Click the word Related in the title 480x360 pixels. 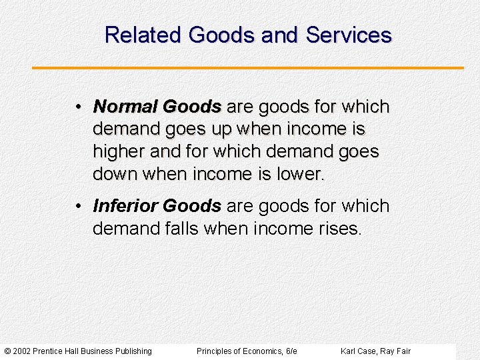coord(144,35)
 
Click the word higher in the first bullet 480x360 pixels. coord(118,151)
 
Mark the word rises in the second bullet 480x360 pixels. coord(339,229)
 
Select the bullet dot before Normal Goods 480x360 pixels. coord(79,107)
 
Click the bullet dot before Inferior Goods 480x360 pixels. coord(79,207)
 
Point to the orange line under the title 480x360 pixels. coord(247,68)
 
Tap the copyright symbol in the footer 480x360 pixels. coord(7,351)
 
